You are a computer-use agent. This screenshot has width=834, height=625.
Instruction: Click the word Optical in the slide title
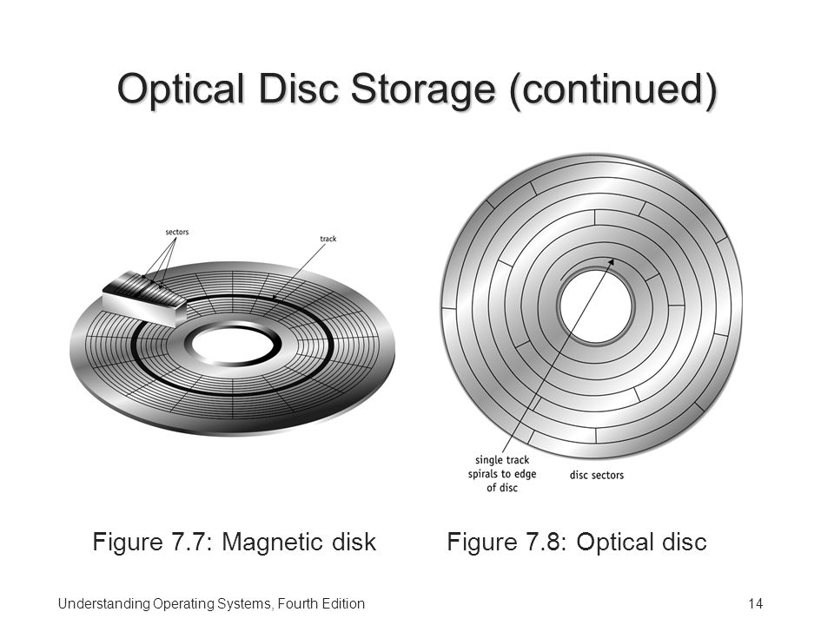[x=181, y=89]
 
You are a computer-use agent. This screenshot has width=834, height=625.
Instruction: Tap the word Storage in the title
[x=423, y=89]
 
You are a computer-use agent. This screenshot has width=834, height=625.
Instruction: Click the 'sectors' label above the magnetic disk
[x=176, y=233]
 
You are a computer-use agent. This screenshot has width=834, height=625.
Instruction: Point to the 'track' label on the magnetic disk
[x=328, y=239]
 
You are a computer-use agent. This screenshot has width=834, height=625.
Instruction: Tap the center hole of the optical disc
[x=596, y=307]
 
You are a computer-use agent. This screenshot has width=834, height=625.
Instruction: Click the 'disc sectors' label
[x=597, y=475]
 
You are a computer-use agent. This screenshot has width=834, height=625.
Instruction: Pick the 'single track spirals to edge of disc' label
[x=502, y=474]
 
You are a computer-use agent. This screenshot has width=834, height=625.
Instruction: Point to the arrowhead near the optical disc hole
[x=612, y=262]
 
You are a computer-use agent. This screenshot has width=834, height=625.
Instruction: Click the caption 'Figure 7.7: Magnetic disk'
[x=234, y=542]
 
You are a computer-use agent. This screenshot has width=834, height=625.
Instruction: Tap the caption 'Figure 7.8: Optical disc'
[x=577, y=542]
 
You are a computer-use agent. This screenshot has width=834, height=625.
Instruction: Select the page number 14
[x=755, y=604]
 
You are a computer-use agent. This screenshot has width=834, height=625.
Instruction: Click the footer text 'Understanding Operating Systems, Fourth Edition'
[x=211, y=604]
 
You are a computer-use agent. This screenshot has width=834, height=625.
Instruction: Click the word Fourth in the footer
[x=297, y=604]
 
